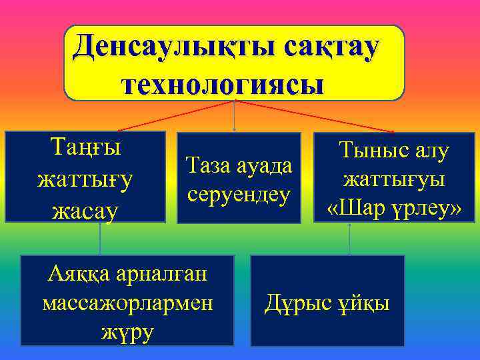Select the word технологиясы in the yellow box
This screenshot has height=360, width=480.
(223, 85)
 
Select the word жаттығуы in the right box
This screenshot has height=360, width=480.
(394, 179)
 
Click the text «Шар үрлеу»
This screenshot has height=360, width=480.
(394, 209)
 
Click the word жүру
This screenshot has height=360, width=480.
(126, 331)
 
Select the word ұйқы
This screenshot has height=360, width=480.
(363, 303)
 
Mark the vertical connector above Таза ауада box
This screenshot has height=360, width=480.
(235, 117)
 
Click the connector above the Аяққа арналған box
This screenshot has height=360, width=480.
(101, 239)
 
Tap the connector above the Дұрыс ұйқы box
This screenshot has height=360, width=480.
(350, 239)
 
